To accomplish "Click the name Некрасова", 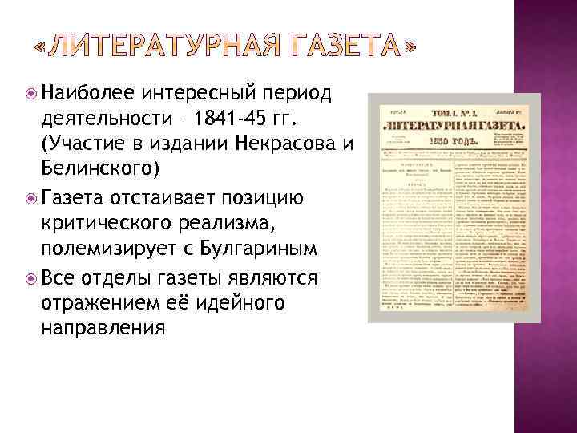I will click(x=288, y=145).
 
